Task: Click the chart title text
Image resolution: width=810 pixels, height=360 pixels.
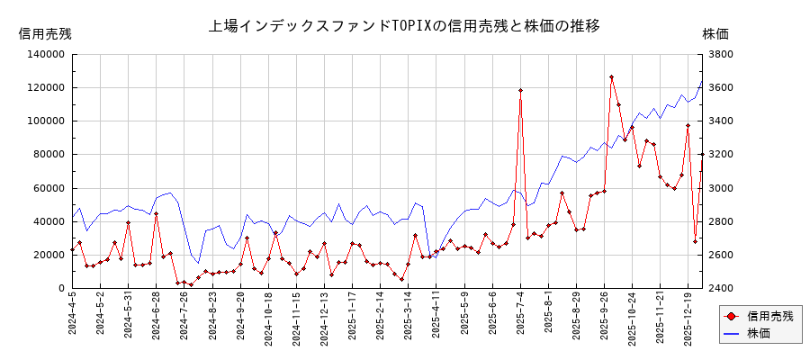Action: pos(404,25)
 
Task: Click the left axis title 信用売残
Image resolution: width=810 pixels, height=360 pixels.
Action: pos(45,33)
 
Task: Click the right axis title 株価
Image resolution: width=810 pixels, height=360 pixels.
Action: pos(715,33)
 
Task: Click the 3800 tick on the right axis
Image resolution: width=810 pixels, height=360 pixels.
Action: pos(722,54)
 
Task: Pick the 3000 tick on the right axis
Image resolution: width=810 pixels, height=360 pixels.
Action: pos(722,188)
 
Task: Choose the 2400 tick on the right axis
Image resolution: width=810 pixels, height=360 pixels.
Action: pos(722,288)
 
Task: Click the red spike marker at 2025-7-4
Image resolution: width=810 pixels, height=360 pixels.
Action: pos(520,90)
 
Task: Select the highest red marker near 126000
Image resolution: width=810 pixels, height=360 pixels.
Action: pos(611,77)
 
